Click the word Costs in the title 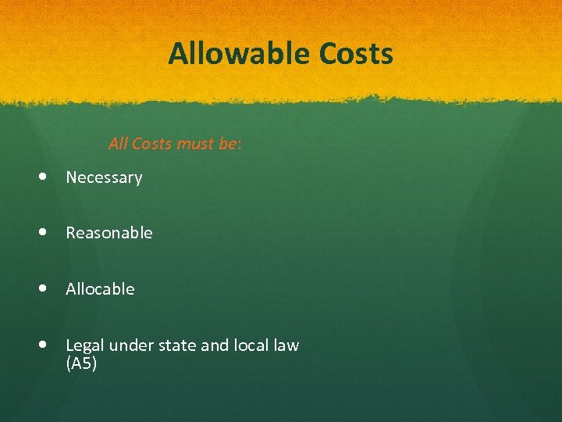pos(357,55)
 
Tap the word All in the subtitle pos(118,144)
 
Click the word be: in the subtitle pos(230,144)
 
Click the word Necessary pos(104,177)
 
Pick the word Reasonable pos(109,233)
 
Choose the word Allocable pos(100,289)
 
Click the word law pos(286,345)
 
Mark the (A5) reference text pos(81,364)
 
